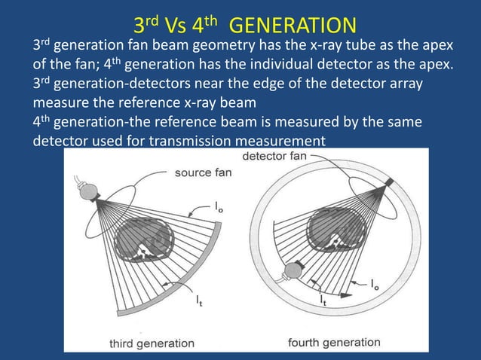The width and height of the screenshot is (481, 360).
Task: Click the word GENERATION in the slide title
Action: click(291, 24)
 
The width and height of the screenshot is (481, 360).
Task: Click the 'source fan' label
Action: click(204, 172)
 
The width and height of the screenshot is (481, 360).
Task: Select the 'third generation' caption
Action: click(151, 343)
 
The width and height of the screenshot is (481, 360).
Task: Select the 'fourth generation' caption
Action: click(334, 343)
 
